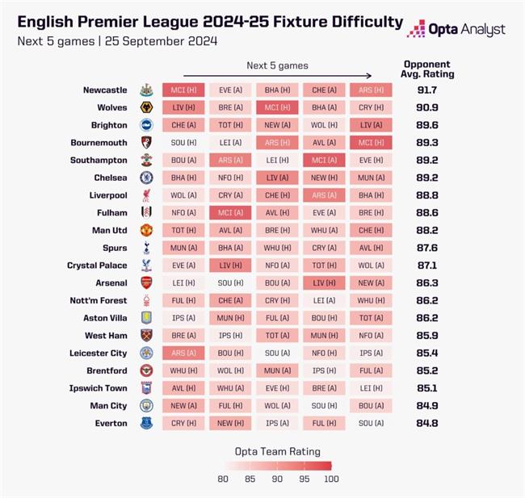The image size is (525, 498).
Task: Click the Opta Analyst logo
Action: coord(456,29)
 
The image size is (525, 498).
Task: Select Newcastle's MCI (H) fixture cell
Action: coord(183,90)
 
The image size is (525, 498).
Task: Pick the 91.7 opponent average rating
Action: coord(428,90)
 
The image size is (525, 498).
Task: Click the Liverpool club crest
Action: coord(146,195)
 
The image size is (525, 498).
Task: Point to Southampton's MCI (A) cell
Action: coord(324,160)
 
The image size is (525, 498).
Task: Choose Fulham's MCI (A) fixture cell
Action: coord(230,212)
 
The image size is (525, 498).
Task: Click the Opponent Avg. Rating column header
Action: coord(428,69)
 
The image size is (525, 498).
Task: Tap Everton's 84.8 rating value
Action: coord(428,423)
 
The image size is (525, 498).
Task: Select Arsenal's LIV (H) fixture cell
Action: coord(324,282)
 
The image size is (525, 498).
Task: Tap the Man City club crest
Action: coord(146,405)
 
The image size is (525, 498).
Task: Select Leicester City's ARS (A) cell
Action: coord(183,353)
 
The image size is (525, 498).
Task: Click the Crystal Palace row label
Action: coord(97,266)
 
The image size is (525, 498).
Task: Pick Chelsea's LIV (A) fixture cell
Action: coord(277,178)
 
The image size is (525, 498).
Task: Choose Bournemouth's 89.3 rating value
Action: coord(428,143)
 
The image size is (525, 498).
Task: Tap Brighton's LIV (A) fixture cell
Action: coord(371,125)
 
